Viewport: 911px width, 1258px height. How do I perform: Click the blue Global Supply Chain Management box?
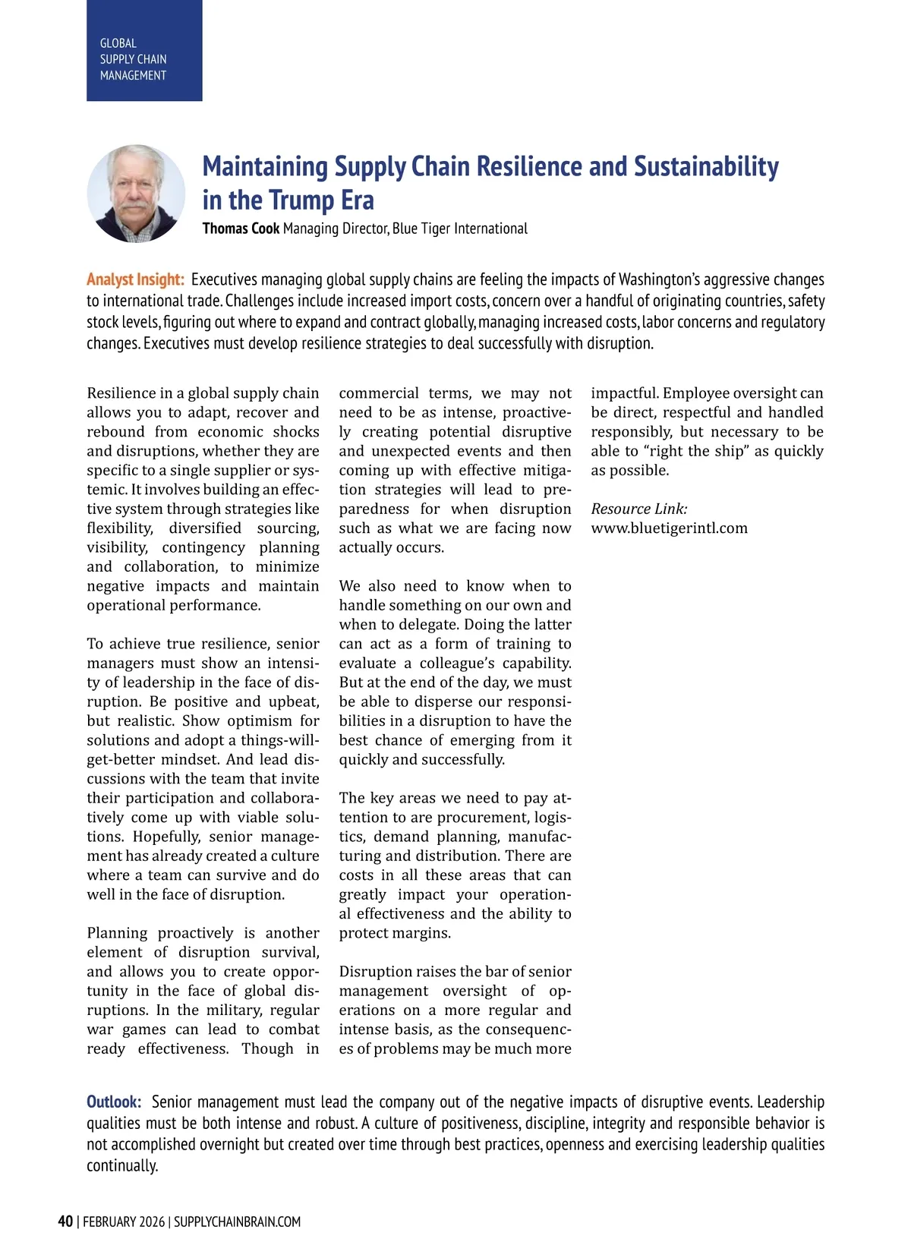(144, 51)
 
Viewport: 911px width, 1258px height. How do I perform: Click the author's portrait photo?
(136, 194)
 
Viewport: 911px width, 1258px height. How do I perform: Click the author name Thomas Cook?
(241, 229)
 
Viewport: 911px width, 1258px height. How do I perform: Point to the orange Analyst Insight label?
(135, 279)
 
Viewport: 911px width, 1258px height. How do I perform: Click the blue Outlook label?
(114, 1102)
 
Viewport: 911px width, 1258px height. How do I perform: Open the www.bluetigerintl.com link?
(669, 528)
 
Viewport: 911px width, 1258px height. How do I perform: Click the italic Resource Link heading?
(639, 509)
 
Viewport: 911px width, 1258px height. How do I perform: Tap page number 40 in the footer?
(65, 1221)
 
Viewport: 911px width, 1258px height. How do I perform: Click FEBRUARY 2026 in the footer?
(124, 1222)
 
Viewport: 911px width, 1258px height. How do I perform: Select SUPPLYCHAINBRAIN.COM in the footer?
(237, 1222)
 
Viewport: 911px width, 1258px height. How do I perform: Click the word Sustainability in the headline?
(706, 166)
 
